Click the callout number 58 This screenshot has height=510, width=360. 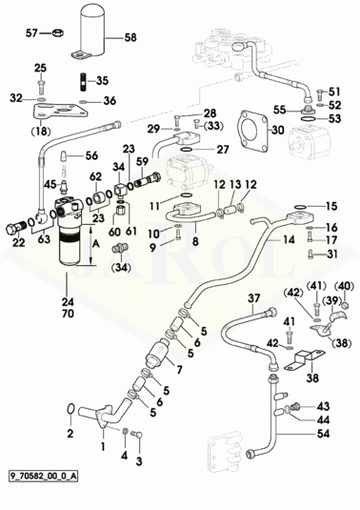[x=130, y=38]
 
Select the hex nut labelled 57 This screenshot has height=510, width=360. [x=57, y=32]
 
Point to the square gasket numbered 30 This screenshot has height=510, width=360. [x=253, y=131]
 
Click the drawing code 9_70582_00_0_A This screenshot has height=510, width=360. [x=43, y=476]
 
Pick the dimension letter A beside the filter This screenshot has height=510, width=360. [x=96, y=245]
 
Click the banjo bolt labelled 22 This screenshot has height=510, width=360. [x=15, y=228]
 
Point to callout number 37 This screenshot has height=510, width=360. [x=254, y=298]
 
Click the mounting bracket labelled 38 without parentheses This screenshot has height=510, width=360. [x=305, y=360]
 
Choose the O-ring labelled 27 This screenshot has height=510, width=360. [x=187, y=150]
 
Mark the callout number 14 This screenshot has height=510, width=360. [x=289, y=239]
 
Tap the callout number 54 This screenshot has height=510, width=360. [x=323, y=434]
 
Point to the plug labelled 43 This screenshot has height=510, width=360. [x=295, y=406]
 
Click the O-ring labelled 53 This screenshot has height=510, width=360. [x=308, y=119]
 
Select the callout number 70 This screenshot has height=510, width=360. [x=68, y=314]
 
